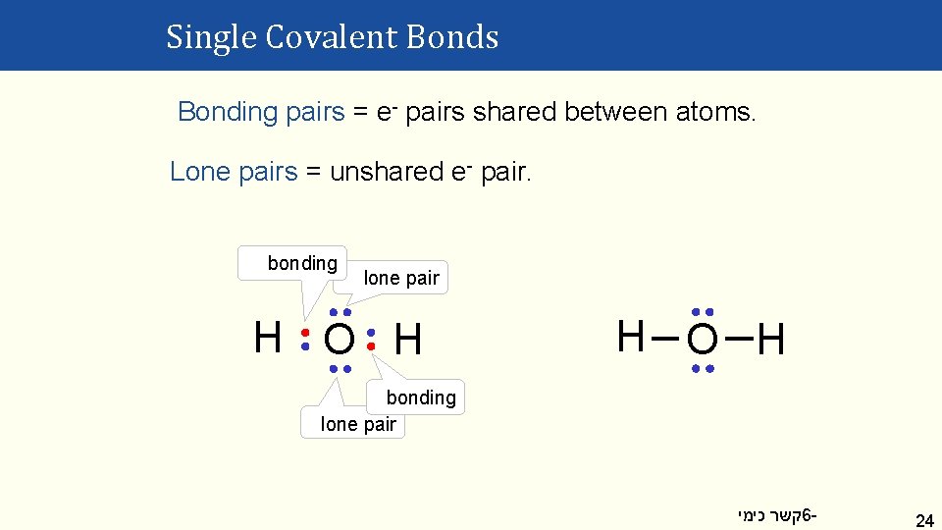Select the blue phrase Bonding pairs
click(x=261, y=112)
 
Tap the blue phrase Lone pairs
click(x=233, y=172)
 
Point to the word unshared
click(x=387, y=172)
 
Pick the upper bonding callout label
click(x=302, y=263)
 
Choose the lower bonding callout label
click(x=421, y=397)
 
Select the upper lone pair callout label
click(x=401, y=278)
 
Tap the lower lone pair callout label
click(x=358, y=424)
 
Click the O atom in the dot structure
click(x=339, y=341)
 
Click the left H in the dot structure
click(x=267, y=338)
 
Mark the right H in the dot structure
click(x=408, y=341)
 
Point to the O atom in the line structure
click(x=702, y=341)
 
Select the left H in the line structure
click(x=631, y=337)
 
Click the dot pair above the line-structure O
click(x=702, y=311)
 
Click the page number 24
click(x=923, y=519)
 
